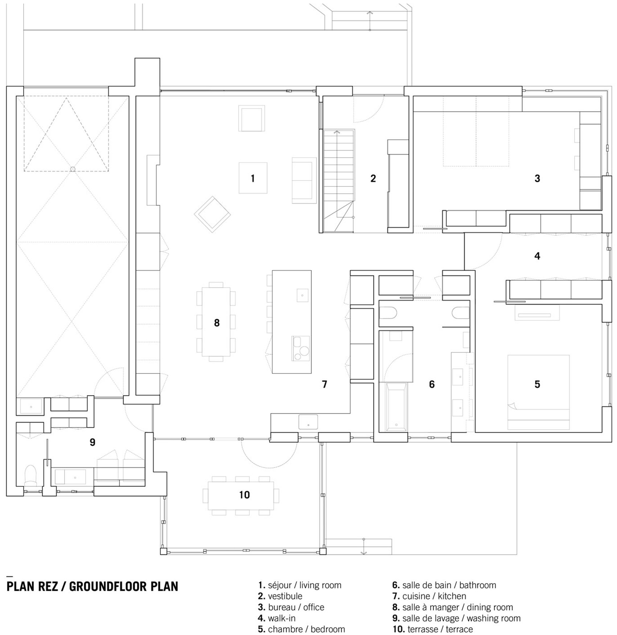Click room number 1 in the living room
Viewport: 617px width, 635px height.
pyautogui.click(x=253, y=178)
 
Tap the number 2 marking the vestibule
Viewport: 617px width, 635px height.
pyautogui.click(x=373, y=178)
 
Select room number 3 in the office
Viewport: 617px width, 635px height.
pyautogui.click(x=537, y=178)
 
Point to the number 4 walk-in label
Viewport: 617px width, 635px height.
pyautogui.click(x=537, y=256)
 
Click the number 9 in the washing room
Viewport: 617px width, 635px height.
pyautogui.click(x=93, y=442)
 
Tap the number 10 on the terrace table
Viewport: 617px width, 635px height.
pyautogui.click(x=244, y=495)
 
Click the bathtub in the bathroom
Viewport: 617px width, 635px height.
pyautogui.click(x=396, y=407)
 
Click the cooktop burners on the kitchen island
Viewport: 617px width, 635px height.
pyautogui.click(x=301, y=348)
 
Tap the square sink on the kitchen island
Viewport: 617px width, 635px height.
pyautogui.click(x=302, y=295)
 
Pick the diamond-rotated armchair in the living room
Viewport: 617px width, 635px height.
pyautogui.click(x=212, y=214)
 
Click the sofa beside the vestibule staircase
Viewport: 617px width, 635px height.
pyautogui.click(x=304, y=180)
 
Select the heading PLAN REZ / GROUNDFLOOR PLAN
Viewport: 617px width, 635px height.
pyautogui.click(x=93, y=586)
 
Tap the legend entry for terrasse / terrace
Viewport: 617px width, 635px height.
pyautogui.click(x=433, y=629)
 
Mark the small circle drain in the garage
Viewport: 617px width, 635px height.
pyautogui.click(x=73, y=169)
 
